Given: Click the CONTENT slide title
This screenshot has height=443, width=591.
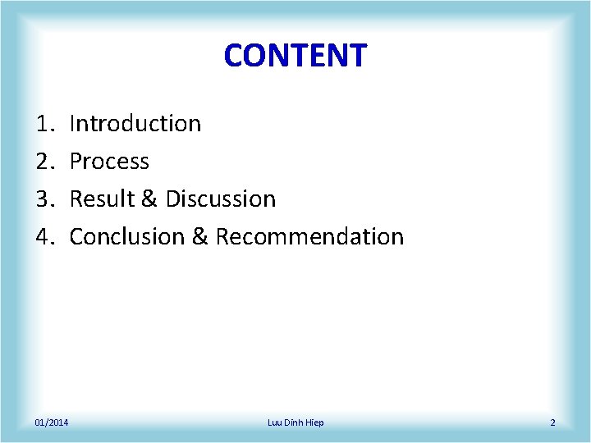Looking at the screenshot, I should coord(295,56).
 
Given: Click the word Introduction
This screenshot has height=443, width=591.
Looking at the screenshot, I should coord(135,123).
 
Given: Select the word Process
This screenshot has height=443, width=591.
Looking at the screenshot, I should coord(109,161).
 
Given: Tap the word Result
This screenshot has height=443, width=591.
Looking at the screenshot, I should coord(101,199).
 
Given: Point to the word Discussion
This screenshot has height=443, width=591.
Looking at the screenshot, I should coord(221,199).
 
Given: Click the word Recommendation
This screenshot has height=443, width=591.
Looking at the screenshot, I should coord(309,236).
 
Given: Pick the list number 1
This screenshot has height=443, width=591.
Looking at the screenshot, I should coord(44,123).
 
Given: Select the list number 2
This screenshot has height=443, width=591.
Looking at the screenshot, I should coord(44,161).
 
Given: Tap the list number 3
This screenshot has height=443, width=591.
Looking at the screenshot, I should coord(44,199).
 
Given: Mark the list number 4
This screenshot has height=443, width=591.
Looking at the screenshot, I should coord(44,236).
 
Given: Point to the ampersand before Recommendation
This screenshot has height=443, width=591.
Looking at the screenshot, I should coord(199,236).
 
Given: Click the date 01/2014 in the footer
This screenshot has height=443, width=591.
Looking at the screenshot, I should coord(52,422).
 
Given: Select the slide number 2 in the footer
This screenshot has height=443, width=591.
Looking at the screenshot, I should coord(552,422).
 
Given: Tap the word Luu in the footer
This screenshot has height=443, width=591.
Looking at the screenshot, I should coord(275,422).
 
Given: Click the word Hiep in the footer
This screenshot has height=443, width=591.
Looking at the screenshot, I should coord(314,422).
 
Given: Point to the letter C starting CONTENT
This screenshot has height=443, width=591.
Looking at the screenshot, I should coord(234,56).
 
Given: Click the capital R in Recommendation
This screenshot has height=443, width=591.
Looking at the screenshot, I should coord(222,236).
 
